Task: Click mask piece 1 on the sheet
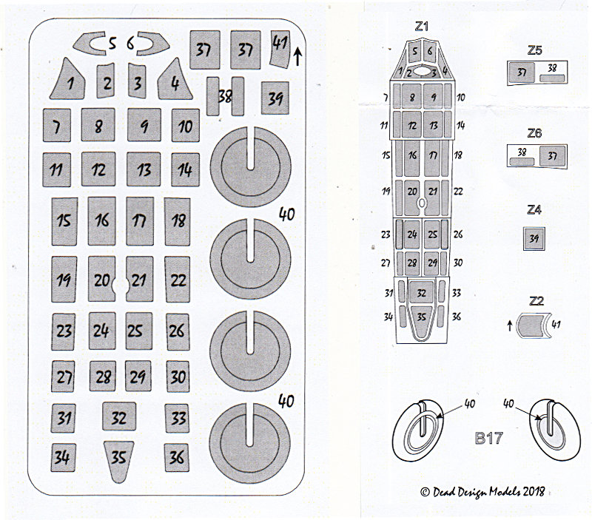[x=68, y=81]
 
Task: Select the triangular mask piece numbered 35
[x=118, y=460]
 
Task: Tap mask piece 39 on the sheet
[x=275, y=98]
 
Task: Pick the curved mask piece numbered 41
[x=280, y=49]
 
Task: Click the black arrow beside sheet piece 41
[x=297, y=56]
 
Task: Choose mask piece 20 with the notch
[x=102, y=279]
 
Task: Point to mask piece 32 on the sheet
[x=119, y=416]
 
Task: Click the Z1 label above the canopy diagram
[x=421, y=27]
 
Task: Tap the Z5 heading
[x=534, y=50]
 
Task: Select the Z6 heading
[x=534, y=133]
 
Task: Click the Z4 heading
[x=534, y=209]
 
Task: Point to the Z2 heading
[x=536, y=301]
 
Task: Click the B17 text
[x=489, y=438]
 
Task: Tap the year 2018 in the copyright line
[x=533, y=491]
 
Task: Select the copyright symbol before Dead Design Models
[x=425, y=492]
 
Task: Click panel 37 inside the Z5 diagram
[x=522, y=72]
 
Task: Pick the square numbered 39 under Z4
[x=534, y=238]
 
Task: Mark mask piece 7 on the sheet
[x=57, y=125]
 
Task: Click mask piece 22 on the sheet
[x=178, y=280]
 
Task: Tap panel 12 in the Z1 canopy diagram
[x=412, y=125]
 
